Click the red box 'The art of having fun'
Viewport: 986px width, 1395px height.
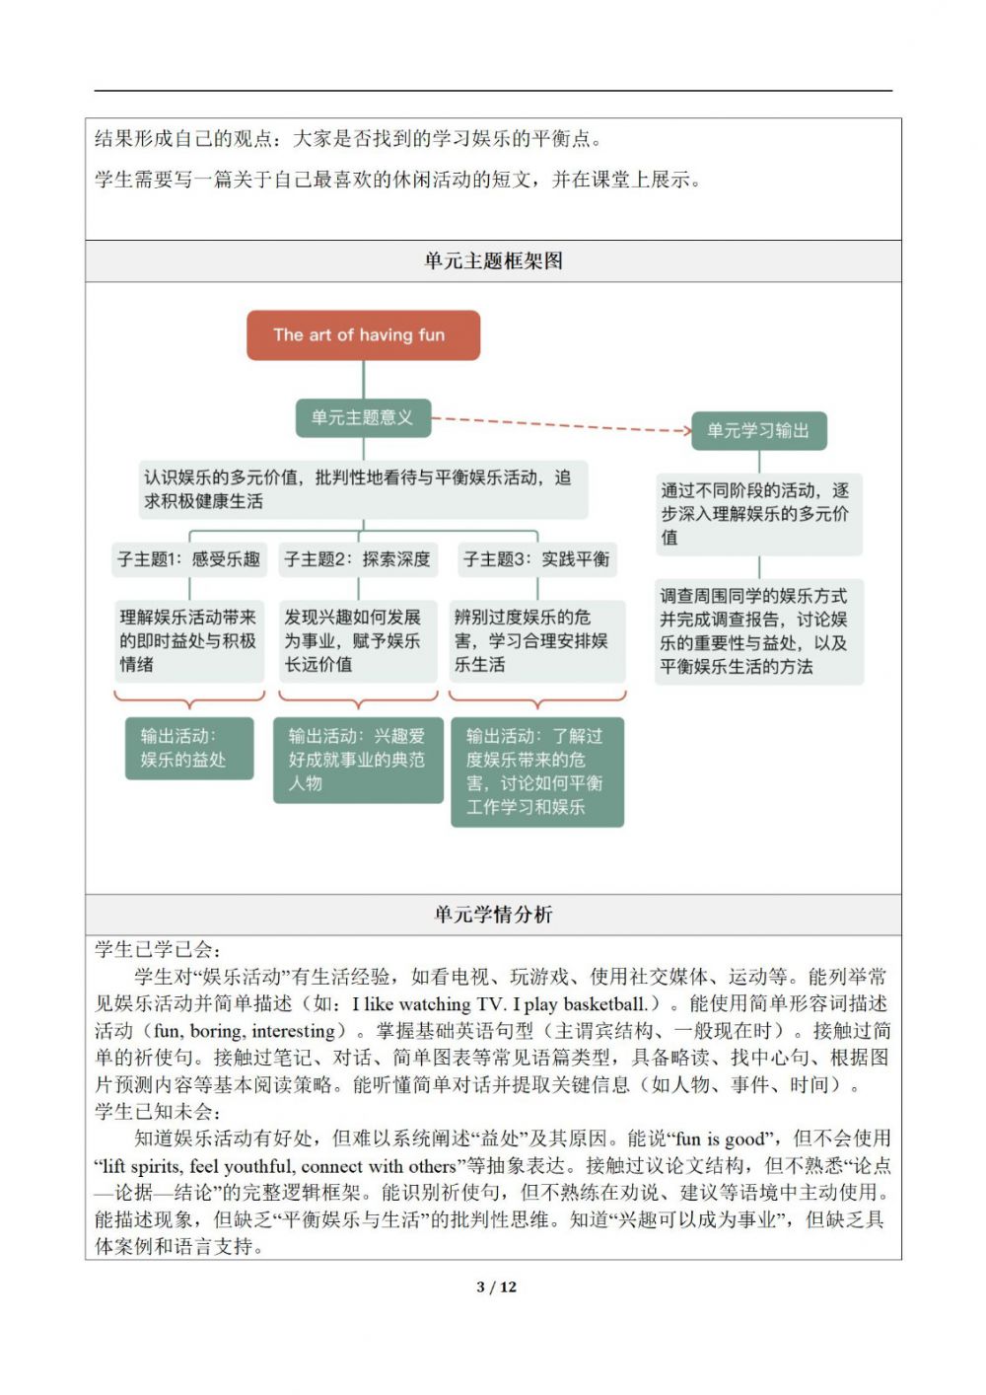(363, 335)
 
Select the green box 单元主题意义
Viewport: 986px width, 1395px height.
(363, 417)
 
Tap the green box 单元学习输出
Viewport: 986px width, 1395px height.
(757, 430)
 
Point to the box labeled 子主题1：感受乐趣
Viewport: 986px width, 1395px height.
(189, 559)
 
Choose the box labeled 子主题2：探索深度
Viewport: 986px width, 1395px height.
(357, 559)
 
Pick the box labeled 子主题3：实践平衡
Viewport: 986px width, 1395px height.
(536, 559)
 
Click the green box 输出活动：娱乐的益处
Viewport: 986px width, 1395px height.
(189, 748)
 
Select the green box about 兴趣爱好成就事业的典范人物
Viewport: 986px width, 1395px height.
(357, 760)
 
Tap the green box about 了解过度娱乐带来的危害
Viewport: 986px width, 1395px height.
(537, 771)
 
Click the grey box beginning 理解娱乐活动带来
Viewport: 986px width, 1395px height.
(189, 641)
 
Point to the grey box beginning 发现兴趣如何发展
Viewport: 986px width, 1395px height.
(357, 641)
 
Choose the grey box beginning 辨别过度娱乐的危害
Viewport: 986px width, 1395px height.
(536, 641)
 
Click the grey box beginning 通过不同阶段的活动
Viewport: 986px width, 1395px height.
(757, 514)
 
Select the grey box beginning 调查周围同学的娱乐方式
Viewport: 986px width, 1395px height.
(757, 631)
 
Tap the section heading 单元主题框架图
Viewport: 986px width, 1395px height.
(493, 261)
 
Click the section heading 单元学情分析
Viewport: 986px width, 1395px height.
(493, 915)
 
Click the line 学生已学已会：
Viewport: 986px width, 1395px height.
(158, 950)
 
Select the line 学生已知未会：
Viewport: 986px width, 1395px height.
(158, 1112)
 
